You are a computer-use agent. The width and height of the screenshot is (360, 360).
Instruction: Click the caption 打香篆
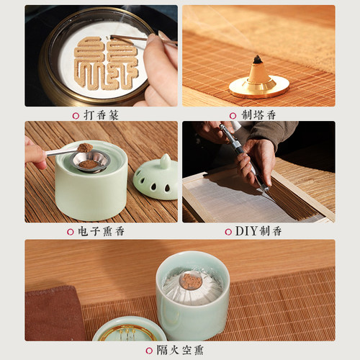pyautogui.click(x=101, y=115)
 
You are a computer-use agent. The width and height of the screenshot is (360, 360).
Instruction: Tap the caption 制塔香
pyautogui.click(x=258, y=115)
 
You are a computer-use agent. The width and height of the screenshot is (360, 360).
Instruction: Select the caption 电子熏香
pyautogui.click(x=101, y=231)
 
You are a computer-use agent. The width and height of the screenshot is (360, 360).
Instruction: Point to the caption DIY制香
pyautogui.click(x=258, y=231)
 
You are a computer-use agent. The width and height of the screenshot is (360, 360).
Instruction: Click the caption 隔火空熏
pyautogui.click(x=180, y=350)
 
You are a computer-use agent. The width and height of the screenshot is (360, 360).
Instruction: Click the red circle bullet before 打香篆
pyautogui.click(x=76, y=116)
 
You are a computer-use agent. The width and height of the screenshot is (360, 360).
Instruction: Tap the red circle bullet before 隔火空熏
pyautogui.click(x=149, y=351)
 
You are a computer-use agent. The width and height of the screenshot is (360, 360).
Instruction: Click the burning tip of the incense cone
pyautogui.click(x=258, y=58)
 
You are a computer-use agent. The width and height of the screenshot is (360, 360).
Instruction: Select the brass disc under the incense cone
pyautogui.click(x=259, y=88)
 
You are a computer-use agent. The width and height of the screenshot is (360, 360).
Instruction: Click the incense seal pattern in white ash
pyautogui.click(x=106, y=63)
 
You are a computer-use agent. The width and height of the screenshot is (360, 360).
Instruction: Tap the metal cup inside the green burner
pyautogui.click(x=90, y=161)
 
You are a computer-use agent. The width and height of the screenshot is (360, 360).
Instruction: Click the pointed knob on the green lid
pyautogui.click(x=166, y=161)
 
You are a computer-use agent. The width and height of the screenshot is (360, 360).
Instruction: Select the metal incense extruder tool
pyautogui.click(x=243, y=156)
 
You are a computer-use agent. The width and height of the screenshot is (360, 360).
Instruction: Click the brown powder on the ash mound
pyautogui.click(x=192, y=281)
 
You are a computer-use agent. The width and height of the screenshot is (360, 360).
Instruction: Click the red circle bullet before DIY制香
pyautogui.click(x=228, y=232)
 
